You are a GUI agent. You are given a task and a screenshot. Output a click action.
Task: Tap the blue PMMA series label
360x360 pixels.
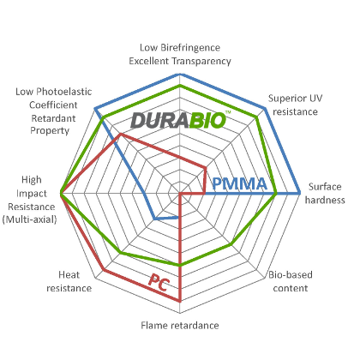[x=239, y=183]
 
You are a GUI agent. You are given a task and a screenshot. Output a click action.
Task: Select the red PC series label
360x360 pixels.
[x=159, y=282]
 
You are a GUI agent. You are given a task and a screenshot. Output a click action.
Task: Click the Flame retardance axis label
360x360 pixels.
[x=180, y=326]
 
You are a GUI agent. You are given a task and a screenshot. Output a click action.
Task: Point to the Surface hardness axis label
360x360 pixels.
[x=325, y=193]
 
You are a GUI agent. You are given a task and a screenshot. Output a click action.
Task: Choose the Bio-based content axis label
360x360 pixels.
[x=291, y=281]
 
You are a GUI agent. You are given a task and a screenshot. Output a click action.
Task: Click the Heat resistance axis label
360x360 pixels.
[x=69, y=281]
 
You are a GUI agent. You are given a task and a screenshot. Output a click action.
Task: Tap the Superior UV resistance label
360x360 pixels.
[x=295, y=105]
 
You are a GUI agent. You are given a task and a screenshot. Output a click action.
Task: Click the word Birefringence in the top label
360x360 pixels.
[x=190, y=48]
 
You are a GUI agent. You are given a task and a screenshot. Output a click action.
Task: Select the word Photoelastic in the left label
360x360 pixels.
[x=64, y=92]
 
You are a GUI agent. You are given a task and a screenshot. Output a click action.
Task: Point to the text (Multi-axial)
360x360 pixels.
[x=30, y=219]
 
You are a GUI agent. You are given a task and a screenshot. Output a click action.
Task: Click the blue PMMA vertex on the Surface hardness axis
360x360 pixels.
[x=300, y=194]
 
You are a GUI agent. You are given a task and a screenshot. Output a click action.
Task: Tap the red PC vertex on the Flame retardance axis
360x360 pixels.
[x=180, y=301]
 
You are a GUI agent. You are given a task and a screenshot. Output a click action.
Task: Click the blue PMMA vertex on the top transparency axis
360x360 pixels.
[x=180, y=75]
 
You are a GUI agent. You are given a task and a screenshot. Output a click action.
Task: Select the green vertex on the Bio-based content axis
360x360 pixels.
[x=231, y=244]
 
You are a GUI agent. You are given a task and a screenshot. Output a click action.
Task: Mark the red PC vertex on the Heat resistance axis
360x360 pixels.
[x=104, y=269]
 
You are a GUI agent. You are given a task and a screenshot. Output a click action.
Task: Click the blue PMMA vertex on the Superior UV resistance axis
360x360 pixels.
[x=265, y=109]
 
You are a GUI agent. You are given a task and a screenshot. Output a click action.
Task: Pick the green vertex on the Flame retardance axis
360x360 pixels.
[x=180, y=266]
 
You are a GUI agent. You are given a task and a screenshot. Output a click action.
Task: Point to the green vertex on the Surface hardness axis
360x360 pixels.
[x=276, y=194]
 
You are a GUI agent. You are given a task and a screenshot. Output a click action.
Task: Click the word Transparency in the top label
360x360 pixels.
[x=201, y=61]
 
